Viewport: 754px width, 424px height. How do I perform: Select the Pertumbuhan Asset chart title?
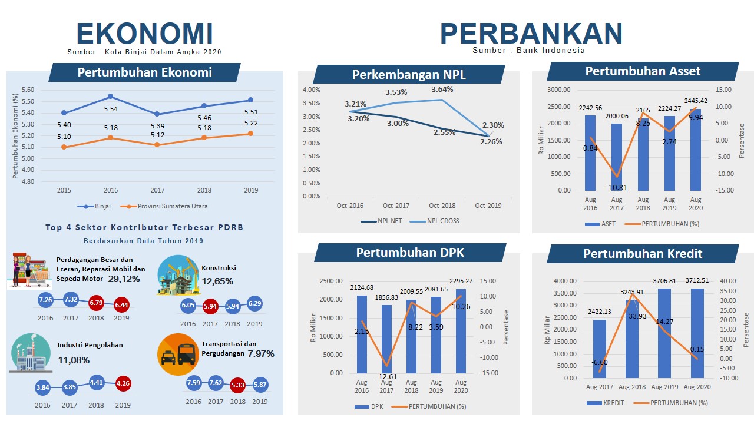[x=643, y=71]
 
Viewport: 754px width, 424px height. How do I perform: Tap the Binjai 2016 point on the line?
[x=111, y=97]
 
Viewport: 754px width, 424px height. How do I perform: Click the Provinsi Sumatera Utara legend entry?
[x=167, y=206]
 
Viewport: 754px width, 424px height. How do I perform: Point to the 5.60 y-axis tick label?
[x=28, y=90]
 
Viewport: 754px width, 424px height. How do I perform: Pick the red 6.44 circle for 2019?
[x=121, y=304]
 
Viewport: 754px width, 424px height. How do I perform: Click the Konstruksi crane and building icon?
[x=178, y=275]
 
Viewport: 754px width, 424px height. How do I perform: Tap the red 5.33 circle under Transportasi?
[x=238, y=385]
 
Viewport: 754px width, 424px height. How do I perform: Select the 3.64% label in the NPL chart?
[x=442, y=90]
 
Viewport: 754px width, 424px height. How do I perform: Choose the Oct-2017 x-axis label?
[x=396, y=206]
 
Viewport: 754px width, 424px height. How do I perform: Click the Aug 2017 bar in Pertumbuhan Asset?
[x=617, y=157]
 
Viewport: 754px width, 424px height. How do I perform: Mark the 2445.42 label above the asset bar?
[x=696, y=101]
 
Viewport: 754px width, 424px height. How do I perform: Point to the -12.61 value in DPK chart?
[x=388, y=377]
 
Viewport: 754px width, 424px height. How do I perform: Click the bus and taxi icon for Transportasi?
[x=177, y=354]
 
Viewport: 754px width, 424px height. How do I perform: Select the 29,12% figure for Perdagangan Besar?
[x=124, y=279]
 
